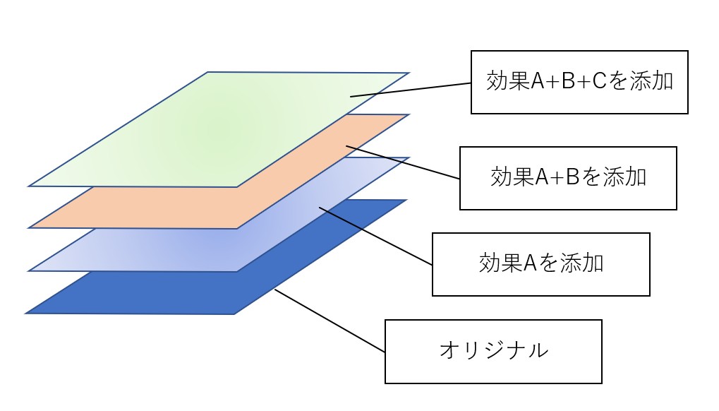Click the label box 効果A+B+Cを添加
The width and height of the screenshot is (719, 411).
(x=579, y=82)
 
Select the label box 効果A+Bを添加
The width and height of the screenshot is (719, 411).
(x=568, y=178)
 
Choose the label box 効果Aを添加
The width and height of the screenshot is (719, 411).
(x=540, y=264)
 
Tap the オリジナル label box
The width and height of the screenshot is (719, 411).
(x=493, y=351)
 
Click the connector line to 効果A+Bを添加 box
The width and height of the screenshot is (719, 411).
(x=402, y=162)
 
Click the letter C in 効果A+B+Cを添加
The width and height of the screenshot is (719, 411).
(x=596, y=82)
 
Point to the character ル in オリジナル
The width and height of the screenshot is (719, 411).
(x=536, y=350)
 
